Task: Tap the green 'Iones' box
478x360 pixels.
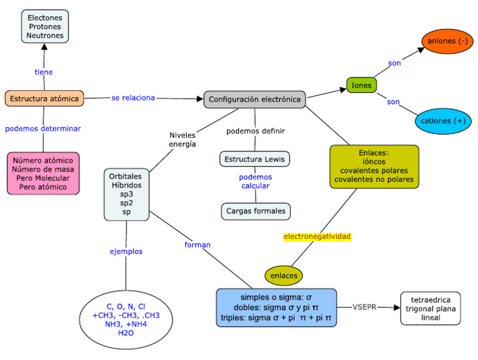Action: coord(361,85)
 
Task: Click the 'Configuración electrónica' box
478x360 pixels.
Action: coord(255,99)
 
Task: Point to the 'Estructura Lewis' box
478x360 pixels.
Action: coord(255,159)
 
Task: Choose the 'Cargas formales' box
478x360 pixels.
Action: coord(256,211)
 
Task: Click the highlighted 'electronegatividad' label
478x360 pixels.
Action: coord(317,237)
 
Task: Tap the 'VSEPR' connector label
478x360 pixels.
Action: coord(365,307)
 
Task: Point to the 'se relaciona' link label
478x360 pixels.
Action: coord(133,98)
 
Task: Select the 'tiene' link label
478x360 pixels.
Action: coord(44,72)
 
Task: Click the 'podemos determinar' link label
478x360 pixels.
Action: coord(43,129)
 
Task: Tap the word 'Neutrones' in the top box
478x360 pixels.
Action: coord(44,36)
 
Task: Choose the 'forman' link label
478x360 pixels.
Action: coord(197,245)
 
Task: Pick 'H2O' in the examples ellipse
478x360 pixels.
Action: coord(126,333)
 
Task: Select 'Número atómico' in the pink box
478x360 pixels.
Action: coord(43,160)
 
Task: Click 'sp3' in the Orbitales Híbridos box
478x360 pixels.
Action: coord(127,194)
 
